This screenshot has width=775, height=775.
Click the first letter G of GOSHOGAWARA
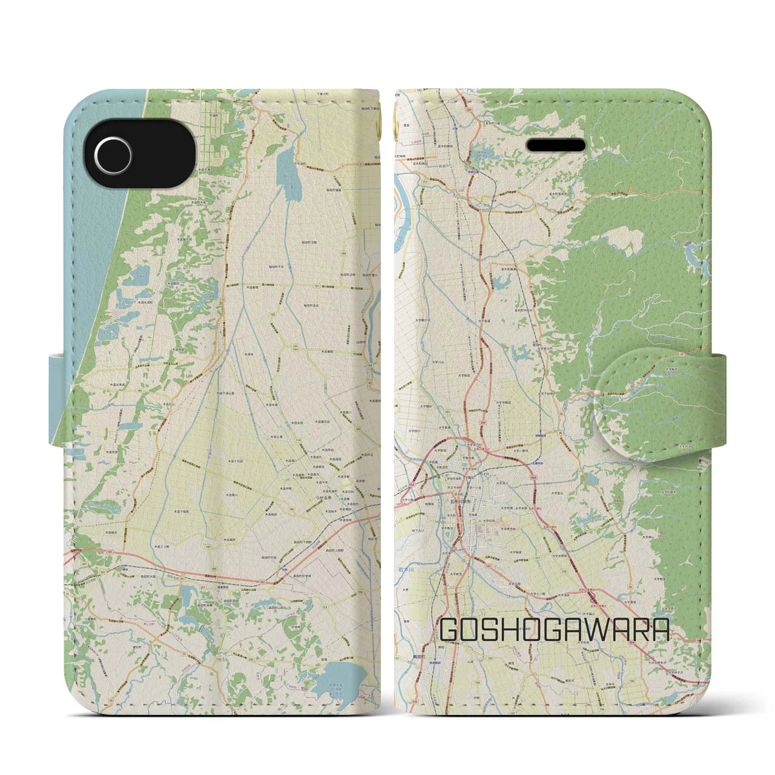pyautogui.click(x=451, y=630)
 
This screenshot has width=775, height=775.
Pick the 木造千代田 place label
pyautogui.click(x=236, y=461)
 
